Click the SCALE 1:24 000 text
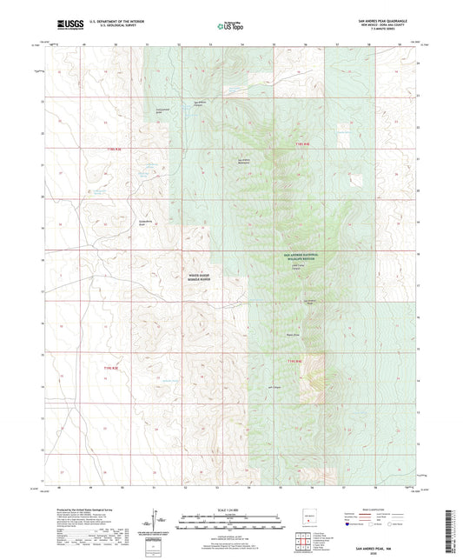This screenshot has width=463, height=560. point(230,508)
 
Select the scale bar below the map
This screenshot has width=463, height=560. point(230,524)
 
